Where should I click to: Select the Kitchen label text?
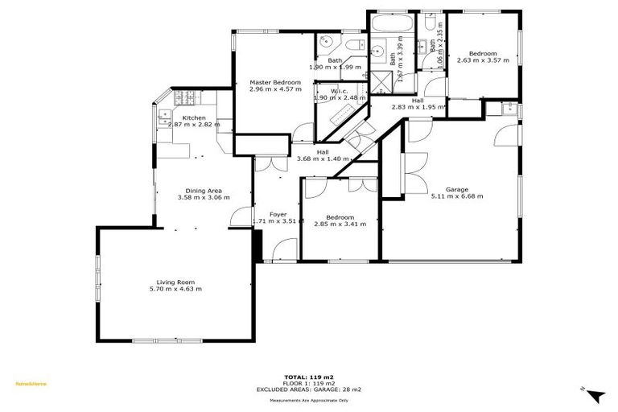tap(193, 118)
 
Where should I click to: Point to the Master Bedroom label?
tap(274, 82)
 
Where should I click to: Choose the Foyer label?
tap(278, 214)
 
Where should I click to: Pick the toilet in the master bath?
tap(355, 43)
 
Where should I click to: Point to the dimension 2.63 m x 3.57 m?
tap(483, 60)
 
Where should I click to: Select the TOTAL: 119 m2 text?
tap(309, 377)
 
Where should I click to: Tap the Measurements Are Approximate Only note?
tap(309, 400)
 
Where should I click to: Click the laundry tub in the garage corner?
tap(510, 109)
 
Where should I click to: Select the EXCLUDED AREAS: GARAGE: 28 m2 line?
tap(309, 389)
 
